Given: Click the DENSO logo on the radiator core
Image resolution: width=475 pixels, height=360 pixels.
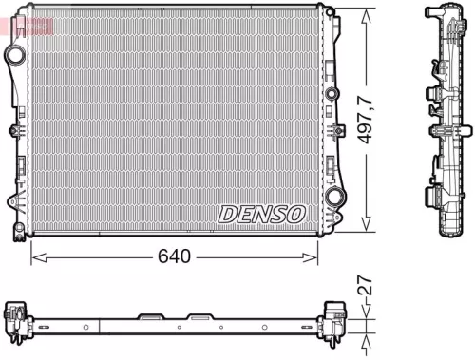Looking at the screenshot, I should point(261,214).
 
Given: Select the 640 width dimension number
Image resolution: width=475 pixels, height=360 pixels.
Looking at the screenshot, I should point(176,256).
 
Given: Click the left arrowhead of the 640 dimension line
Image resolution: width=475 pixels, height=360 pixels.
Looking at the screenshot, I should point(37,256).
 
